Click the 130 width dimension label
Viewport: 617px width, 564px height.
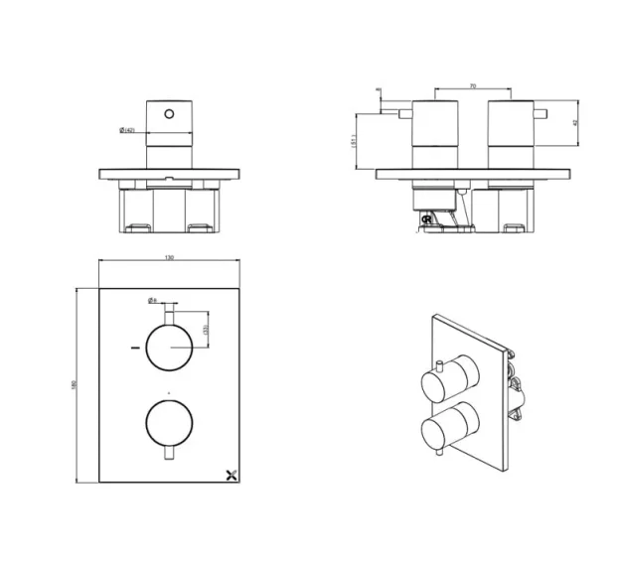tap(170, 258)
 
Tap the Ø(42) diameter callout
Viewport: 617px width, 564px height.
tap(128, 128)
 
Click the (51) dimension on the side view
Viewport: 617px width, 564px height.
tap(354, 141)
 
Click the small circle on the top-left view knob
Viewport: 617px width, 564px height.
tap(170, 115)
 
